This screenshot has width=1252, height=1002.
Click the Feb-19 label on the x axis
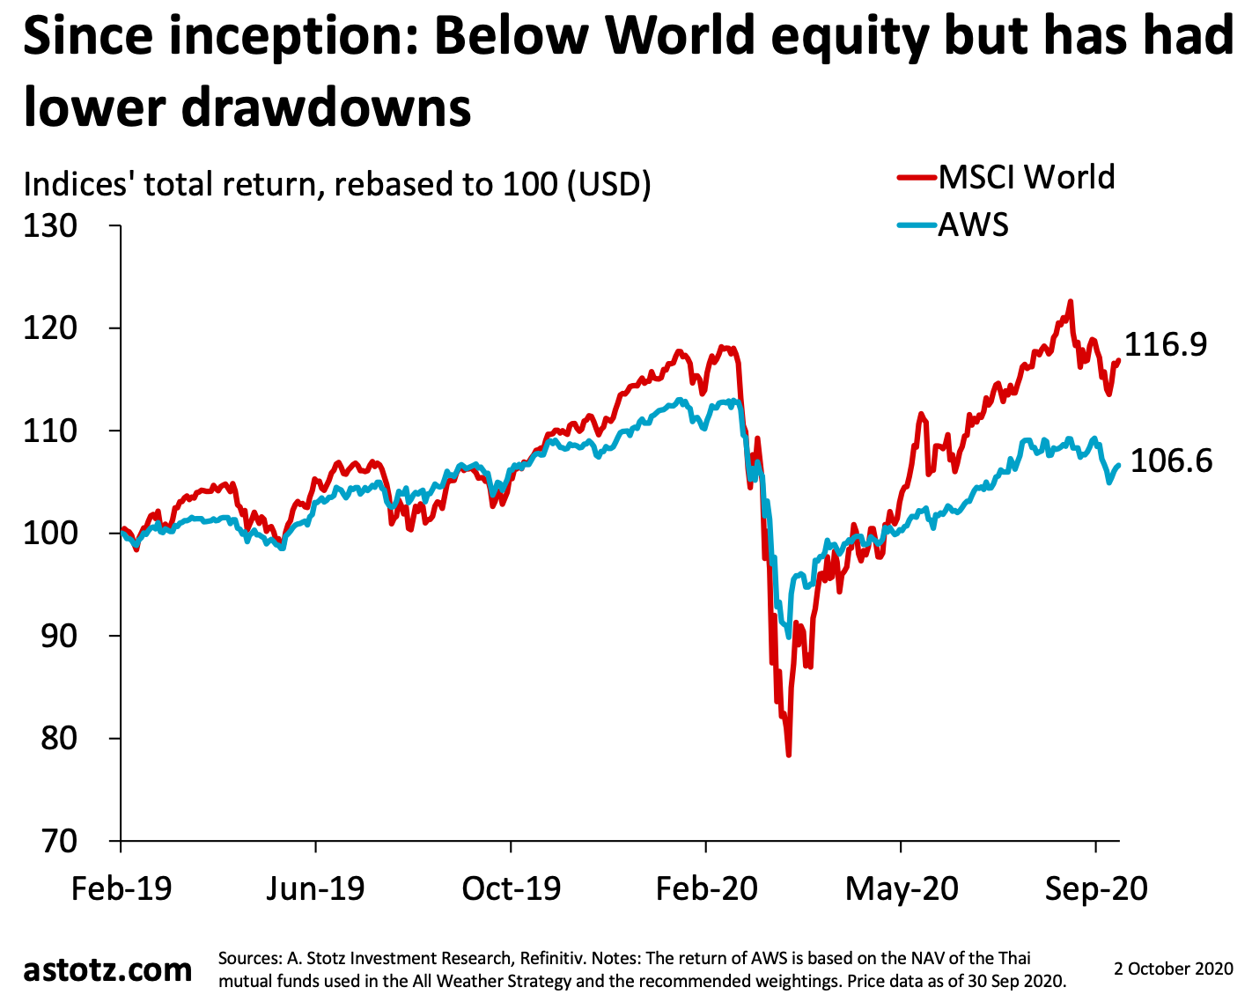(122, 888)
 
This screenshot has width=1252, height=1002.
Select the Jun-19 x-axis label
(315, 888)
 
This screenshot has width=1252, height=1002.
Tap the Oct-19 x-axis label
(511, 888)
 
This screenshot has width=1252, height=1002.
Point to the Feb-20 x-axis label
(706, 888)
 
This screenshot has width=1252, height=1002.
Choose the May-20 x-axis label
(902, 888)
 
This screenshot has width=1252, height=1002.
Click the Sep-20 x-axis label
(1096, 888)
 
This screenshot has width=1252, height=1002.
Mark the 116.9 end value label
(1166, 344)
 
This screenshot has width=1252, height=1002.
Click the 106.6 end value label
(1171, 460)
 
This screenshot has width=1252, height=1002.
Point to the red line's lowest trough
(789, 755)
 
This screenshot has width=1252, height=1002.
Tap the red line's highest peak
(1071, 302)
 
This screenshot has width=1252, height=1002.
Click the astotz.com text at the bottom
(107, 969)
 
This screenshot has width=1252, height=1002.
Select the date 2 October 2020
(1174, 969)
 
